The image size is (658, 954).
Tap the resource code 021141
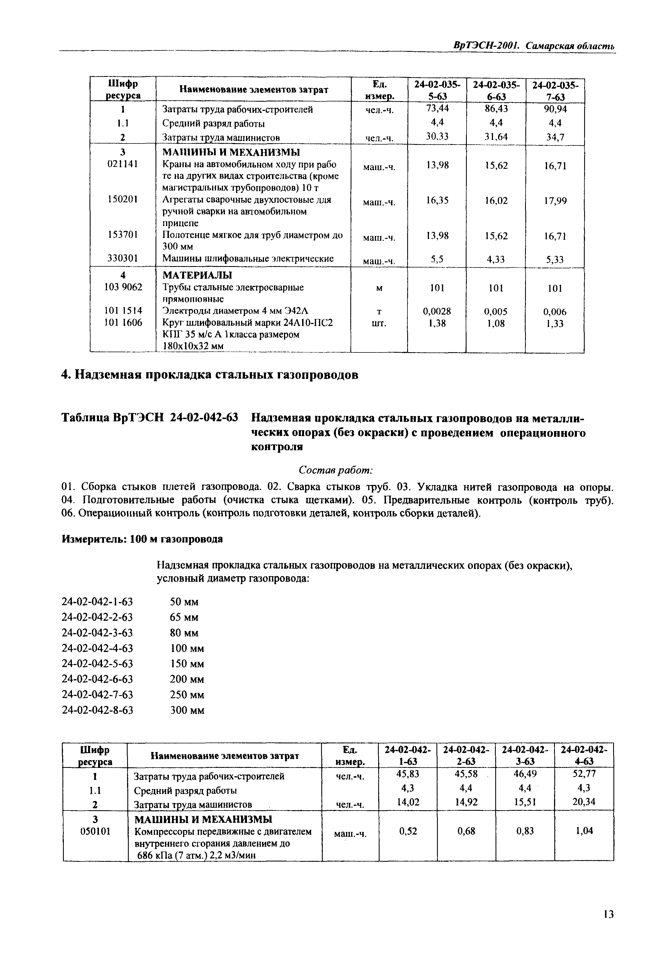pos(122,164)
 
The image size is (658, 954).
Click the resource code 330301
pos(122,258)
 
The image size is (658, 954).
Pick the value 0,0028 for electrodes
pos(437,311)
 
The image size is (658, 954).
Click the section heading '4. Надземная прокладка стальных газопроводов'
pos(209,375)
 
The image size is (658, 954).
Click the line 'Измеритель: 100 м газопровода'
pos(142,539)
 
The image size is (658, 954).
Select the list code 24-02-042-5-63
pos(97,664)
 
